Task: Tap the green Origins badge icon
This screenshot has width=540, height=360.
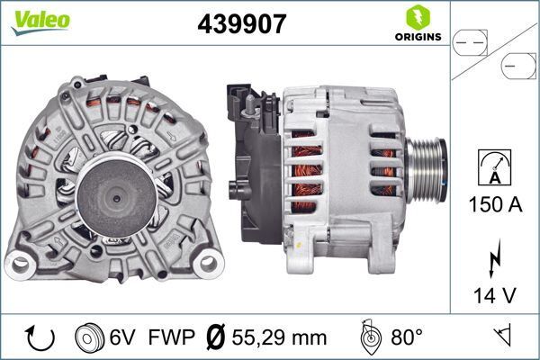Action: [417, 17]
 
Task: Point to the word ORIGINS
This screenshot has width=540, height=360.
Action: [417, 37]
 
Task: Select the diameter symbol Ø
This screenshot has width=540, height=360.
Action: [216, 338]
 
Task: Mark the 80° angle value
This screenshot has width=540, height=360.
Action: [407, 338]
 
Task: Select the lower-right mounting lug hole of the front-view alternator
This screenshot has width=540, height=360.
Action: [209, 264]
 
